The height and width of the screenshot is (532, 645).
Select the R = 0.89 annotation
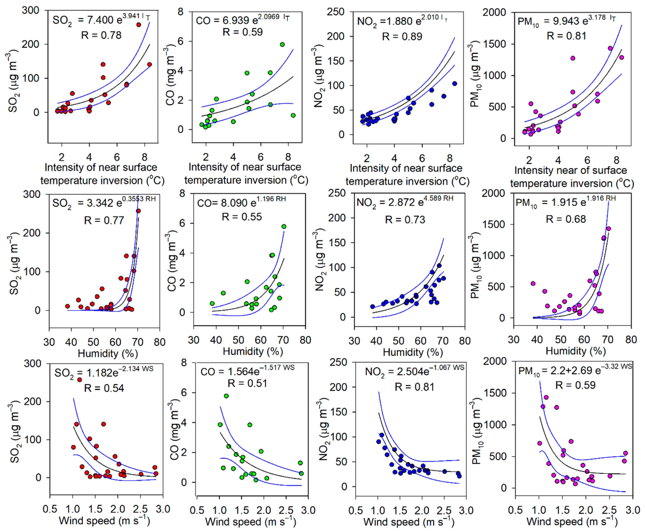click(402, 37)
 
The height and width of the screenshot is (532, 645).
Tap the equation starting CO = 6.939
click(242, 20)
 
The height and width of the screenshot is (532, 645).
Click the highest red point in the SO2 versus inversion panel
click(139, 25)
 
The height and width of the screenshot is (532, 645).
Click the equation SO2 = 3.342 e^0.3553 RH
click(104, 203)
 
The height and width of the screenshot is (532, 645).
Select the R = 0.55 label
click(242, 217)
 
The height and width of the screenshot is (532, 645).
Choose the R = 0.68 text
click(566, 219)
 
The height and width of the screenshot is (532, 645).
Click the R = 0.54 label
click(104, 388)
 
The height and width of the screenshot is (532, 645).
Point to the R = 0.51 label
click(247, 383)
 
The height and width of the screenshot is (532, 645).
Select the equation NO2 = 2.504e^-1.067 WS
click(414, 371)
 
